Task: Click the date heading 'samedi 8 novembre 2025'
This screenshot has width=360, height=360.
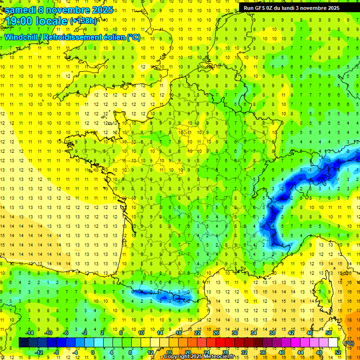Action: [59, 10]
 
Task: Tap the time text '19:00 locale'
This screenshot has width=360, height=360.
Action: [36, 21]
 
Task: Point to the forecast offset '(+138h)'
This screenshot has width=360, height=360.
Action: [83, 21]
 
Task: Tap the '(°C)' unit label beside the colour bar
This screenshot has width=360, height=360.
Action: [349, 343]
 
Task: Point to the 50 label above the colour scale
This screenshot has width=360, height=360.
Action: [329, 333]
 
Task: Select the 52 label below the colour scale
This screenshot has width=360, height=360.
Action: [338, 352]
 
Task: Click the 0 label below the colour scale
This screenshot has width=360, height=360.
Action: [93, 352]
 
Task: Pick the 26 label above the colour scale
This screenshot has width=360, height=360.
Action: [216, 333]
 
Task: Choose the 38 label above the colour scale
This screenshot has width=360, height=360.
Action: [272, 333]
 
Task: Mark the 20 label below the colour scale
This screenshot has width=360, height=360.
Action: [187, 352]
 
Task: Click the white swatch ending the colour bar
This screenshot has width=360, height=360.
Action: [333, 343]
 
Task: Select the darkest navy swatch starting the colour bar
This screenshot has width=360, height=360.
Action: [23, 343]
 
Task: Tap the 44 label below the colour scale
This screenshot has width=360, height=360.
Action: [300, 352]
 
